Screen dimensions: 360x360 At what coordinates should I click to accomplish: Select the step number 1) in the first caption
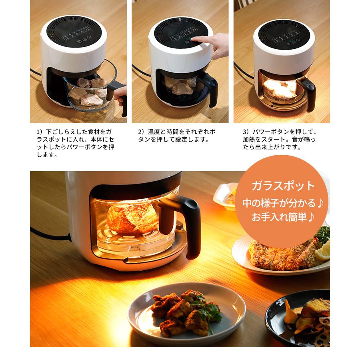tap(39, 132)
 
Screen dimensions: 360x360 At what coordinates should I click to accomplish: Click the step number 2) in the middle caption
tap(141, 132)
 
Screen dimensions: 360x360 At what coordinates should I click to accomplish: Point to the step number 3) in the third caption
tap(246, 132)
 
